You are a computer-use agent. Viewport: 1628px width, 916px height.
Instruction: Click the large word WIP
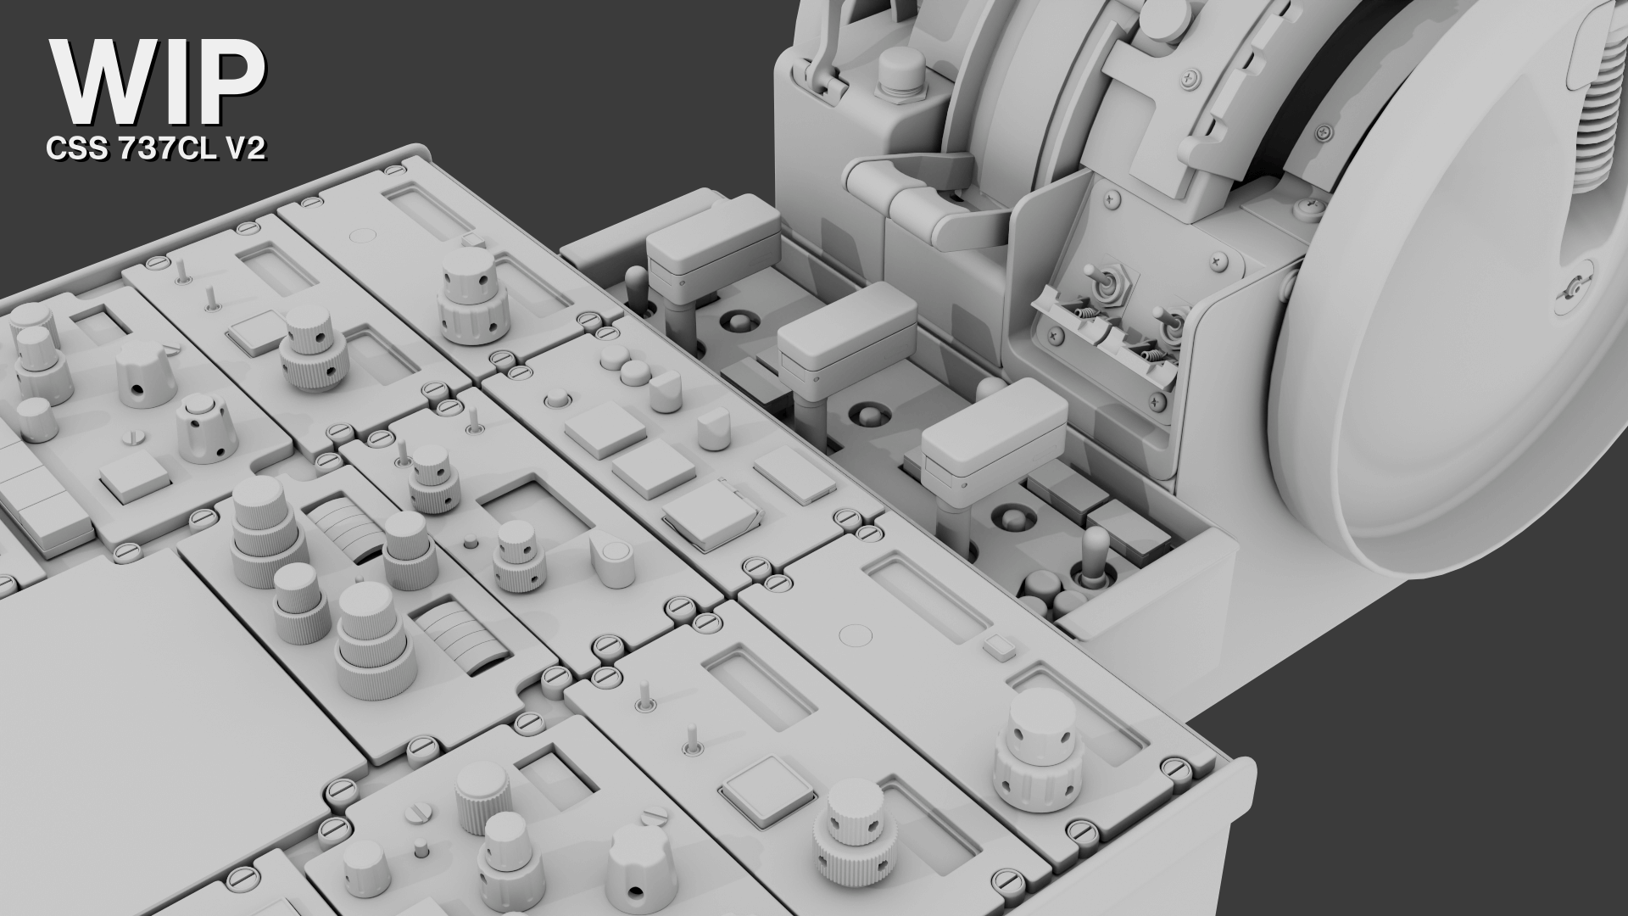click(159, 82)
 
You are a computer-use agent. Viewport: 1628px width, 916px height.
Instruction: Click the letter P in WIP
click(231, 82)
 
